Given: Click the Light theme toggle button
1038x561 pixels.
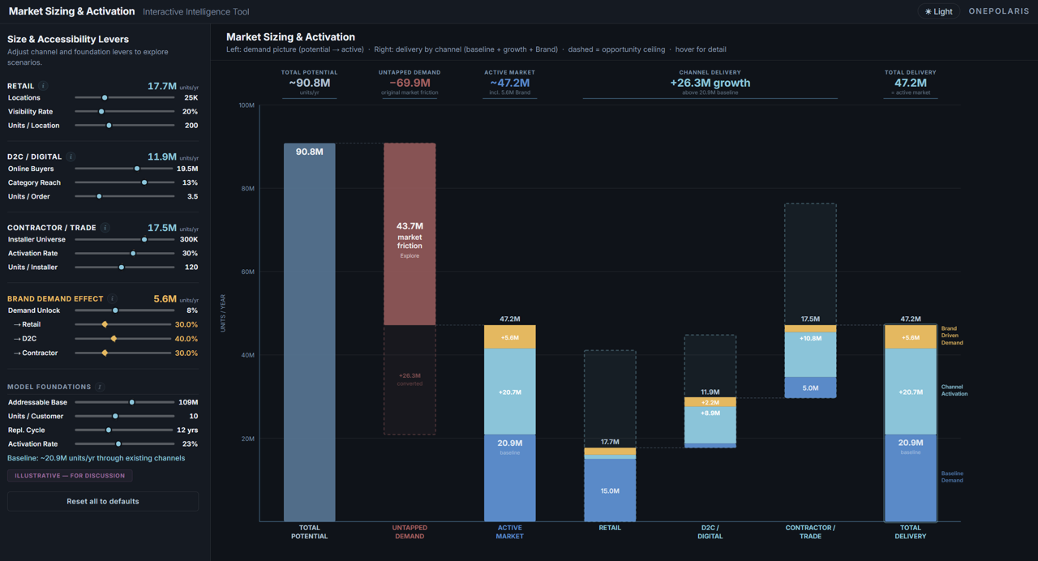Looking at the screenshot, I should point(938,11).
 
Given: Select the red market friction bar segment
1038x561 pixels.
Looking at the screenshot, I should point(410,234).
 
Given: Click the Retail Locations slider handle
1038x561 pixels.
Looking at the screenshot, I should point(105,98).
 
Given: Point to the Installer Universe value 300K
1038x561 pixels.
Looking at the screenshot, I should point(188,240).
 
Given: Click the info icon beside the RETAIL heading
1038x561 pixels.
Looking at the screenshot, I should point(43,86).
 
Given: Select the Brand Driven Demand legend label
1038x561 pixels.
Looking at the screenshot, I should point(951,336).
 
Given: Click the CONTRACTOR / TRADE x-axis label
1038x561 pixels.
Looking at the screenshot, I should point(809,532).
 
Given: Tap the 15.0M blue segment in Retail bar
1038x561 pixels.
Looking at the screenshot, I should point(610,490).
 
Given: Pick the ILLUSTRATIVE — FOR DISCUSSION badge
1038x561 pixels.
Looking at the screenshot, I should point(70,476).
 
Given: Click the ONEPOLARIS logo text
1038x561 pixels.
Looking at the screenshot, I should point(998,11).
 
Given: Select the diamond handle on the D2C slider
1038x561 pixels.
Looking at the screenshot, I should point(114,339).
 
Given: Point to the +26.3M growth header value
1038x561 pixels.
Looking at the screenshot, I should point(710,83).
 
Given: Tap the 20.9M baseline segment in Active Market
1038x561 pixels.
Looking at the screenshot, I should point(509,478).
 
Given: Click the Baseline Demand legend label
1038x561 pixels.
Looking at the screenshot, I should point(951,477).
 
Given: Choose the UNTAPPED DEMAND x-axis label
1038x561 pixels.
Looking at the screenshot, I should point(410,532).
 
